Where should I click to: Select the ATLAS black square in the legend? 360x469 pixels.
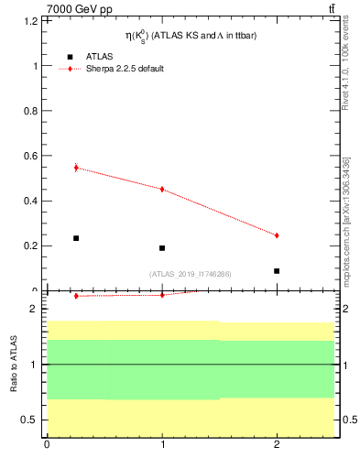(x=71, y=56)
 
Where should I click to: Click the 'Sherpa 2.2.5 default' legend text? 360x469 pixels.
(x=125, y=69)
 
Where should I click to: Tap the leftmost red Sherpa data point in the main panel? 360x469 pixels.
(x=76, y=168)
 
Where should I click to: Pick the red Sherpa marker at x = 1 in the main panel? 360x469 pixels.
(x=162, y=190)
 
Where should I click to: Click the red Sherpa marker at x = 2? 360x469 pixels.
(x=277, y=235)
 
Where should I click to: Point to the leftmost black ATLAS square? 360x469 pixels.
(x=76, y=238)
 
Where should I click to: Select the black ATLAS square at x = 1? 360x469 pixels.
(x=162, y=248)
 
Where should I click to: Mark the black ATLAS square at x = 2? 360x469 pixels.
(x=277, y=271)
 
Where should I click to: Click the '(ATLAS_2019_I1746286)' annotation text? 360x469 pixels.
(x=191, y=274)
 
